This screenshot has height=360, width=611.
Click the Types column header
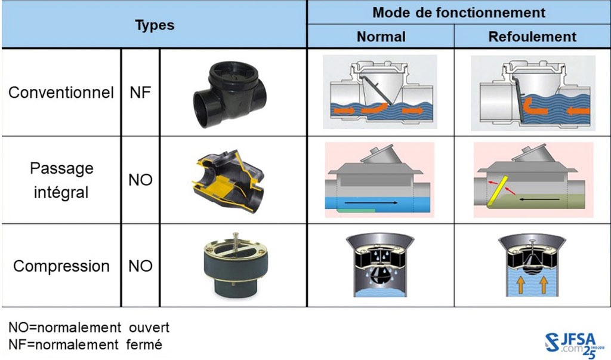[x=155, y=25]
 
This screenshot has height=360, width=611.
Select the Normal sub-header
[x=381, y=36]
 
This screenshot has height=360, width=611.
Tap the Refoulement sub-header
[x=532, y=36]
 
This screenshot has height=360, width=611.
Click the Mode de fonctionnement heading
[x=459, y=13]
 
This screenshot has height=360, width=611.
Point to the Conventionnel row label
[x=61, y=93]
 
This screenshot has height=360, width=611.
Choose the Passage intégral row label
[x=61, y=180]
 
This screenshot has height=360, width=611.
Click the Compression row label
[x=61, y=266]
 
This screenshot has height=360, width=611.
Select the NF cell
[x=140, y=93]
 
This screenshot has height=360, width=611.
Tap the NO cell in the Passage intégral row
[x=140, y=180]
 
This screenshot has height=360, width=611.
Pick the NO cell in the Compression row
[x=140, y=266]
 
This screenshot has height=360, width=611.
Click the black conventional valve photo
[x=230, y=94]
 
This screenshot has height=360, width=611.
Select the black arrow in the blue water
[x=371, y=203]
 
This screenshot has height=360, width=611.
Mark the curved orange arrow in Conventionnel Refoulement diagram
[x=534, y=106]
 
